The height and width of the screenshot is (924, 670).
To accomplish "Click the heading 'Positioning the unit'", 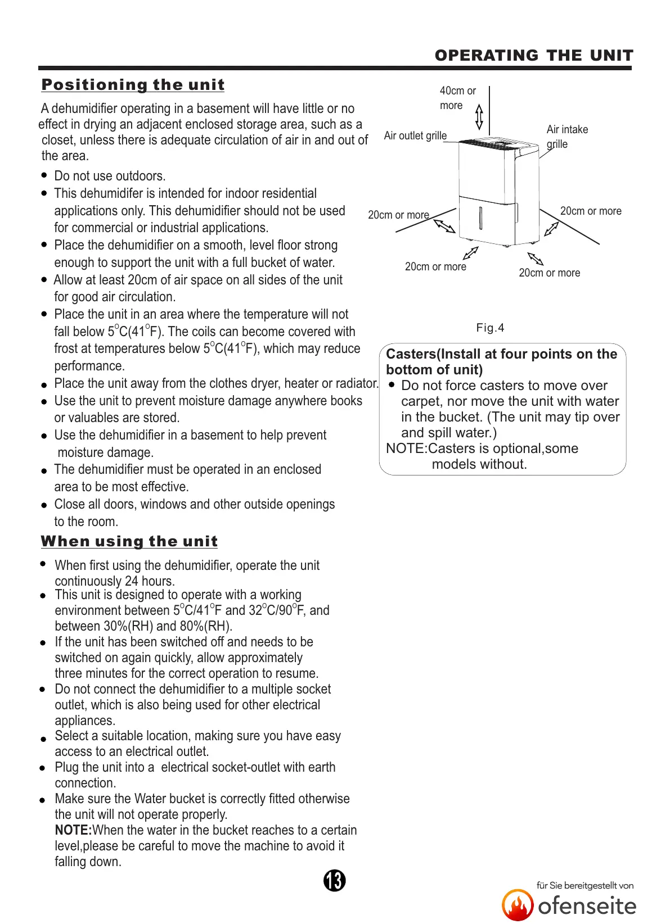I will pyautogui.click(x=133, y=85).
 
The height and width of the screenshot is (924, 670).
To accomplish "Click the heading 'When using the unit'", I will pyautogui.click(x=129, y=541).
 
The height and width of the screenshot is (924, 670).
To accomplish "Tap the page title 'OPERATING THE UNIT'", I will pyautogui.click(x=533, y=55).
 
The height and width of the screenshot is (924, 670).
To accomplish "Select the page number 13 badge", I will pyautogui.click(x=334, y=880).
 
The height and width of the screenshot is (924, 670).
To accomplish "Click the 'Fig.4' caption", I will pyautogui.click(x=490, y=328).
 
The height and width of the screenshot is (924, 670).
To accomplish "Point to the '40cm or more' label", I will pyautogui.click(x=457, y=98).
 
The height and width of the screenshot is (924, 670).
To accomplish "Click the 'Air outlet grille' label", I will pyautogui.click(x=415, y=135).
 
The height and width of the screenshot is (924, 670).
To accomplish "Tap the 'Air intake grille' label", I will pyautogui.click(x=566, y=136).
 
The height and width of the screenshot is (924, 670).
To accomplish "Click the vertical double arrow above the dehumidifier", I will pyautogui.click(x=479, y=116).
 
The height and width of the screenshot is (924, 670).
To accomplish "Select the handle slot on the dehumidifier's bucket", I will pyautogui.click(x=480, y=218).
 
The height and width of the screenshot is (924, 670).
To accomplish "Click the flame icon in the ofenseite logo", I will pyautogui.click(x=517, y=905).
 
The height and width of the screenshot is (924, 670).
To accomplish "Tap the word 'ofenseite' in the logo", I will pyautogui.click(x=587, y=906).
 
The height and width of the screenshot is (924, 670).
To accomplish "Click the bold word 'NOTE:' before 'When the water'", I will pyautogui.click(x=73, y=830).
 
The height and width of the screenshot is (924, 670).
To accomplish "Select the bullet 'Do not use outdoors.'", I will pyautogui.click(x=110, y=176).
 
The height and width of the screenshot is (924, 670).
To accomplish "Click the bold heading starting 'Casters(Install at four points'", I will pyautogui.click(x=501, y=361).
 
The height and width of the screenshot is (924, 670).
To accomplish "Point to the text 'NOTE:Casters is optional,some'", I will pyautogui.click(x=482, y=449).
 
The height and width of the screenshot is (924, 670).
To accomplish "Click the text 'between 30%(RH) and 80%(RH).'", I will pyautogui.click(x=143, y=626).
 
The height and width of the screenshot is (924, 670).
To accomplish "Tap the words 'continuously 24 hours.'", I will pyautogui.click(x=115, y=581).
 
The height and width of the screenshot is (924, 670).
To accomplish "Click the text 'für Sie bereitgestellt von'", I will pyautogui.click(x=584, y=885).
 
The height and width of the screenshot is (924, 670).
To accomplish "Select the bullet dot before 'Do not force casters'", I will pyautogui.click(x=392, y=385).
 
